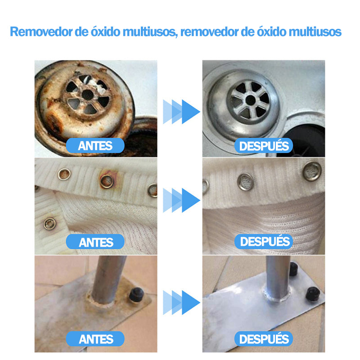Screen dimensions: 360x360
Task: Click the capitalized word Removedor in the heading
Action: pyautogui.click(x=41, y=31)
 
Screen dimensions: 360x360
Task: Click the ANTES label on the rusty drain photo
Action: pyautogui.click(x=95, y=145)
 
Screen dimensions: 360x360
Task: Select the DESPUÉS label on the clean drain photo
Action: pyautogui.click(x=264, y=145)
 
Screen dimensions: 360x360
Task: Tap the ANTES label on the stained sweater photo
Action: pyautogui.click(x=95, y=242)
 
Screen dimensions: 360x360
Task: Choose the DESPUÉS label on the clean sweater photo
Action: pyautogui.click(x=264, y=242)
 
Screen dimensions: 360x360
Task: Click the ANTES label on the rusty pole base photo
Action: pyautogui.click(x=95, y=339)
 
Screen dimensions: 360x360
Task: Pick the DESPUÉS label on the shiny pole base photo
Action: pyautogui.click(x=264, y=339)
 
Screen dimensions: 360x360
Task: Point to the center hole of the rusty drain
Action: pyautogui.click(x=88, y=95)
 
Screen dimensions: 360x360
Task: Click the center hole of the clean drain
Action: pyautogui.click(x=251, y=100)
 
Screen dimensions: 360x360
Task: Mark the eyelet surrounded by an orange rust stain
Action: pyautogui.click(x=107, y=181)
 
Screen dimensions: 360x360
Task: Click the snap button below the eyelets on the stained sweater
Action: pyautogui.click(x=49, y=224)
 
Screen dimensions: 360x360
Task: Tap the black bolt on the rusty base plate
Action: pyautogui.click(x=136, y=294)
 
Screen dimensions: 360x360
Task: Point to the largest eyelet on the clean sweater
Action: pyautogui.click(x=312, y=171)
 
